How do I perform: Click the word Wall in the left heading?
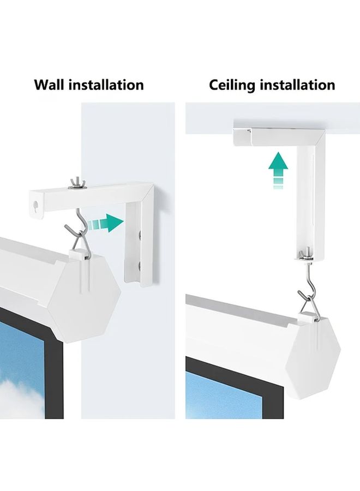click(50, 85)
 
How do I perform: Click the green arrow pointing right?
click(105, 223)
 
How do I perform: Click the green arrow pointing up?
click(278, 170)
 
